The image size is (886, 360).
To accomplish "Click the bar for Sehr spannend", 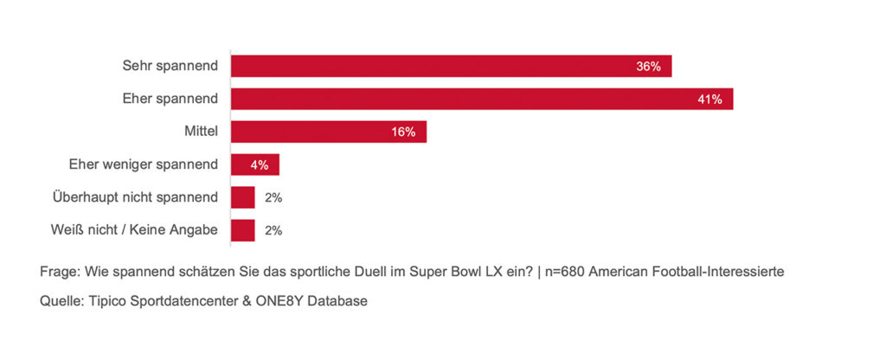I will (450, 67).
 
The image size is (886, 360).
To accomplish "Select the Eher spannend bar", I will (481, 99).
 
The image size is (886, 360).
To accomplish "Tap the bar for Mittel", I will (328, 132).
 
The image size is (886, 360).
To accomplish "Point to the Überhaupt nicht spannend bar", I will (242, 197).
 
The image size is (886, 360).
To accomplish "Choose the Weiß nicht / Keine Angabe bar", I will (242, 230).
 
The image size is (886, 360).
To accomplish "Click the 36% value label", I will (648, 67).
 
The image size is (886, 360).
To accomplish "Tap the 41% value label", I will (709, 99).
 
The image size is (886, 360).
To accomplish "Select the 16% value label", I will (403, 132).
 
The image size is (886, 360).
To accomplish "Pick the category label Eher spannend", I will (170, 99).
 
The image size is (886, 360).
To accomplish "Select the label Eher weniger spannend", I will (144, 164).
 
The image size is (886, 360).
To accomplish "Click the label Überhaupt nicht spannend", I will (134, 197).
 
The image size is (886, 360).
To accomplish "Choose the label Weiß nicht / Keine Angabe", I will (135, 230).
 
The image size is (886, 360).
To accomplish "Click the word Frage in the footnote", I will (58, 271).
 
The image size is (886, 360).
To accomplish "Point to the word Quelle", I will (60, 300).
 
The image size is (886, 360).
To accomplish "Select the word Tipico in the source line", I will (107, 300).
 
